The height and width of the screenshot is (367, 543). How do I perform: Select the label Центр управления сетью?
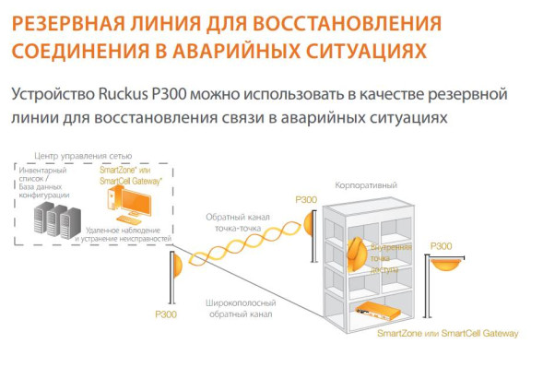pyautogui.click(x=82, y=157)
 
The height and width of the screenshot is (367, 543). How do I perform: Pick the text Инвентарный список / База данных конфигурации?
pyautogui.click(x=54, y=179)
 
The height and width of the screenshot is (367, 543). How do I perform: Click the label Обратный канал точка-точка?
pyautogui.click(x=238, y=222)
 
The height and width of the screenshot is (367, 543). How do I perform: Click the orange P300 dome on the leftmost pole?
pyautogui.click(x=175, y=267)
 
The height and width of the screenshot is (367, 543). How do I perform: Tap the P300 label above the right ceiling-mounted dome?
pyautogui.click(x=441, y=246)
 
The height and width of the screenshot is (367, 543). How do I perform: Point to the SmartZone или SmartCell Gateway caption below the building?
pyautogui.click(x=447, y=333)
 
